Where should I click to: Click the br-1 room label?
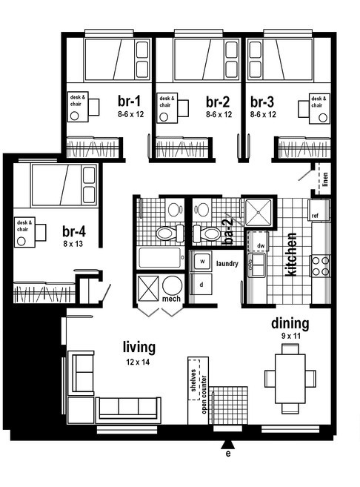pyautogui.click(x=129, y=102)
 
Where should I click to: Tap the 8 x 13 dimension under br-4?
pyautogui.click(x=73, y=244)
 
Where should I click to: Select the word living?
pyautogui.click(x=139, y=347)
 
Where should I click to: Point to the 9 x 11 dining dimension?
pyautogui.click(x=291, y=336)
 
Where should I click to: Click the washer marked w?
pyautogui.click(x=201, y=262)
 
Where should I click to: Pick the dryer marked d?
pyautogui.click(x=201, y=284)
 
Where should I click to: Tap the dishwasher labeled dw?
pyautogui.click(x=259, y=241)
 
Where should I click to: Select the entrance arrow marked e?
pyautogui.click(x=228, y=445)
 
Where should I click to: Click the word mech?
pyautogui.click(x=171, y=299)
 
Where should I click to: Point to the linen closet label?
pyautogui.click(x=325, y=179)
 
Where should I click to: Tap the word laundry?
pyautogui.click(x=227, y=264)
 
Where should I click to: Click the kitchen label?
pyautogui.click(x=291, y=254)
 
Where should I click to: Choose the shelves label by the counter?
pyautogui.click(x=193, y=380)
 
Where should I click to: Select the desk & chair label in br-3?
pyautogui.click(x=319, y=102)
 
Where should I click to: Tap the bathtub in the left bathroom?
pyautogui.click(x=159, y=258)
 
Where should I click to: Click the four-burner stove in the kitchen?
pyautogui.click(x=320, y=266)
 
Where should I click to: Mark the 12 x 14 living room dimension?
pyautogui.click(x=138, y=362)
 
